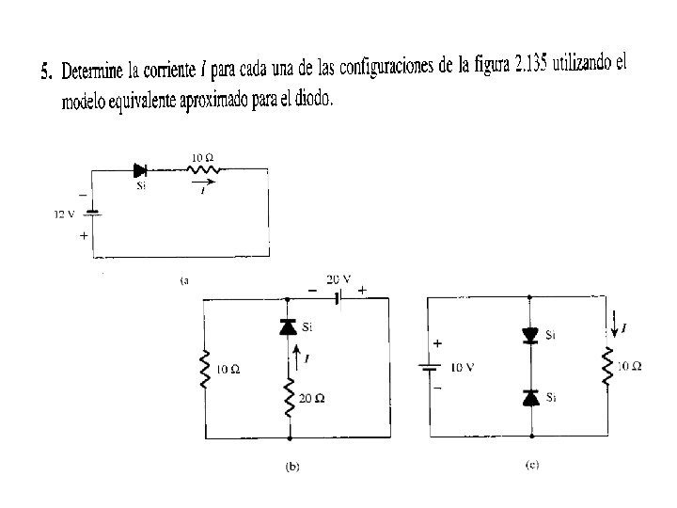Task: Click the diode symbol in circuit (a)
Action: point(141,170)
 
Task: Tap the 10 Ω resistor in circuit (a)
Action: point(202,170)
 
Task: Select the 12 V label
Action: point(64,214)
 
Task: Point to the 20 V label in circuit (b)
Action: point(338,279)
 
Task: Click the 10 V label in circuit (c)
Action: point(464,368)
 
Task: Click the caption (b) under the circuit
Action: point(291,466)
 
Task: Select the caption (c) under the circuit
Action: point(532,465)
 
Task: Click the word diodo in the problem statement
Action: point(309,98)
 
